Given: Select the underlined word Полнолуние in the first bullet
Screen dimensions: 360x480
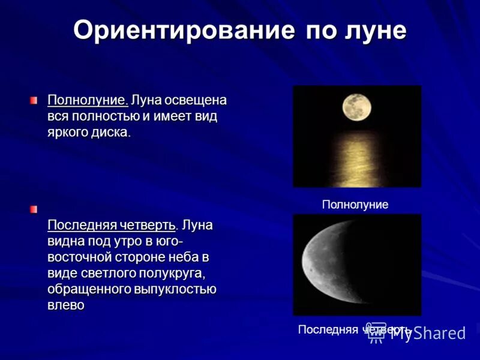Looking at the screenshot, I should tap(88, 99).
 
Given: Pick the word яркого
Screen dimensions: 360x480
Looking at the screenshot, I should tap(70, 132).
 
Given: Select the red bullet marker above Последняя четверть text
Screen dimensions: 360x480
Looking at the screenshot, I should tap(35, 209).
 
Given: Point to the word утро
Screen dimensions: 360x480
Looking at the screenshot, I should tap(143, 241).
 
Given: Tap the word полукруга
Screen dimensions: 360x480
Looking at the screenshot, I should tap(174, 274).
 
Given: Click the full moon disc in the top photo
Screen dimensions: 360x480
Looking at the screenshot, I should tap(356, 107).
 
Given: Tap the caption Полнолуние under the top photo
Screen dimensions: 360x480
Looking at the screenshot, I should tap(355, 205).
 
